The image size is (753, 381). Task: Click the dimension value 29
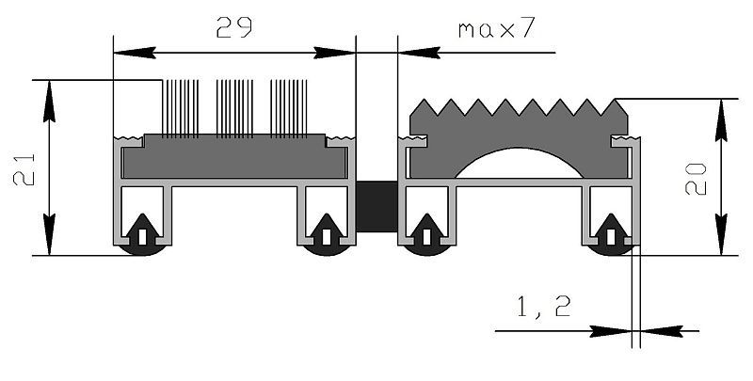233,27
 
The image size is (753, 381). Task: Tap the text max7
496,29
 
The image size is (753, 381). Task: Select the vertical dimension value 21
24,168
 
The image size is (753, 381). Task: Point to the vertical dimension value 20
696,179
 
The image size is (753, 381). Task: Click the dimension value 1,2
544,307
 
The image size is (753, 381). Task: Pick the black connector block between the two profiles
377,206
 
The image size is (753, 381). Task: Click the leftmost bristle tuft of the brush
180,109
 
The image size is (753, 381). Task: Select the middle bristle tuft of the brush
234,109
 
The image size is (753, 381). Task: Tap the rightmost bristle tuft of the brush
289,109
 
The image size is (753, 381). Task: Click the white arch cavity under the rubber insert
519,163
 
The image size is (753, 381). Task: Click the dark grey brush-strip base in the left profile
234,157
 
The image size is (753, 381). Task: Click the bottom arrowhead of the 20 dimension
721,234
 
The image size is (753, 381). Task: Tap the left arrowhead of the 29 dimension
135,53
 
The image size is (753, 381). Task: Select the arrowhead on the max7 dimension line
419,53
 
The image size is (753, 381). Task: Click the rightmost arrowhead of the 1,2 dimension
662,331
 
